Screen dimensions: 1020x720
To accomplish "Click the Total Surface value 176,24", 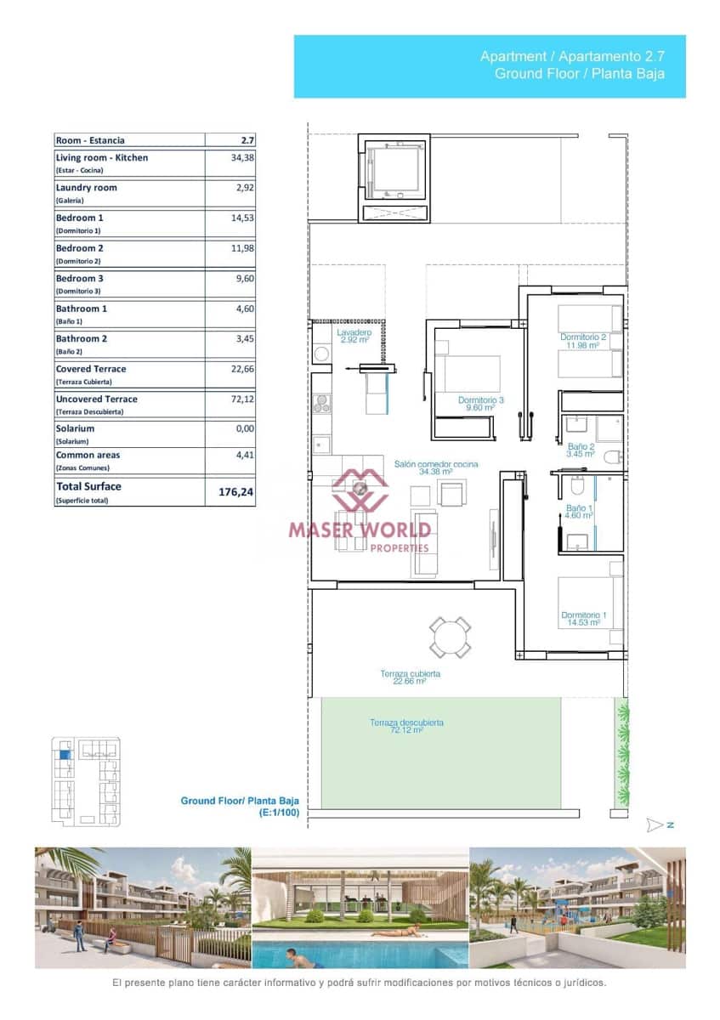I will (236, 491).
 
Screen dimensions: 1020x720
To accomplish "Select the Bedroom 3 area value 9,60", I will (244, 278).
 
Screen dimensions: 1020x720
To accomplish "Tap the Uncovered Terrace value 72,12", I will (241, 399).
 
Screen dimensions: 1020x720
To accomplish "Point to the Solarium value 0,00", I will (244, 429).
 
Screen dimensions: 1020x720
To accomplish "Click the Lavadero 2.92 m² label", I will (354, 336).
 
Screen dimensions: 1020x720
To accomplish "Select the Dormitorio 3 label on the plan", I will (481, 404).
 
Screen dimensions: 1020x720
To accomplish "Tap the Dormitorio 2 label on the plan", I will (583, 341).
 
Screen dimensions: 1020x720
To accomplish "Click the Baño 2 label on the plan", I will (581, 450).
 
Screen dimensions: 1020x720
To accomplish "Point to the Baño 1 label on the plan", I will (580, 512).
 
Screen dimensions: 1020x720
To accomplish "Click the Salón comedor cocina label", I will (435, 467).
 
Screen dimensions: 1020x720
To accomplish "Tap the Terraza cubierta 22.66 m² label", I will (410, 677).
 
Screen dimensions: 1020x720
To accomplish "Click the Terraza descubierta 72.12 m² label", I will (405, 726).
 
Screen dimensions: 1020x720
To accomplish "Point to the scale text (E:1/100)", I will (281, 813).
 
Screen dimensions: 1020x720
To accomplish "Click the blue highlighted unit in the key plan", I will (65, 753).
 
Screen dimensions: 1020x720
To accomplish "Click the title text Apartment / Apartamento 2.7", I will (571, 56).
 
